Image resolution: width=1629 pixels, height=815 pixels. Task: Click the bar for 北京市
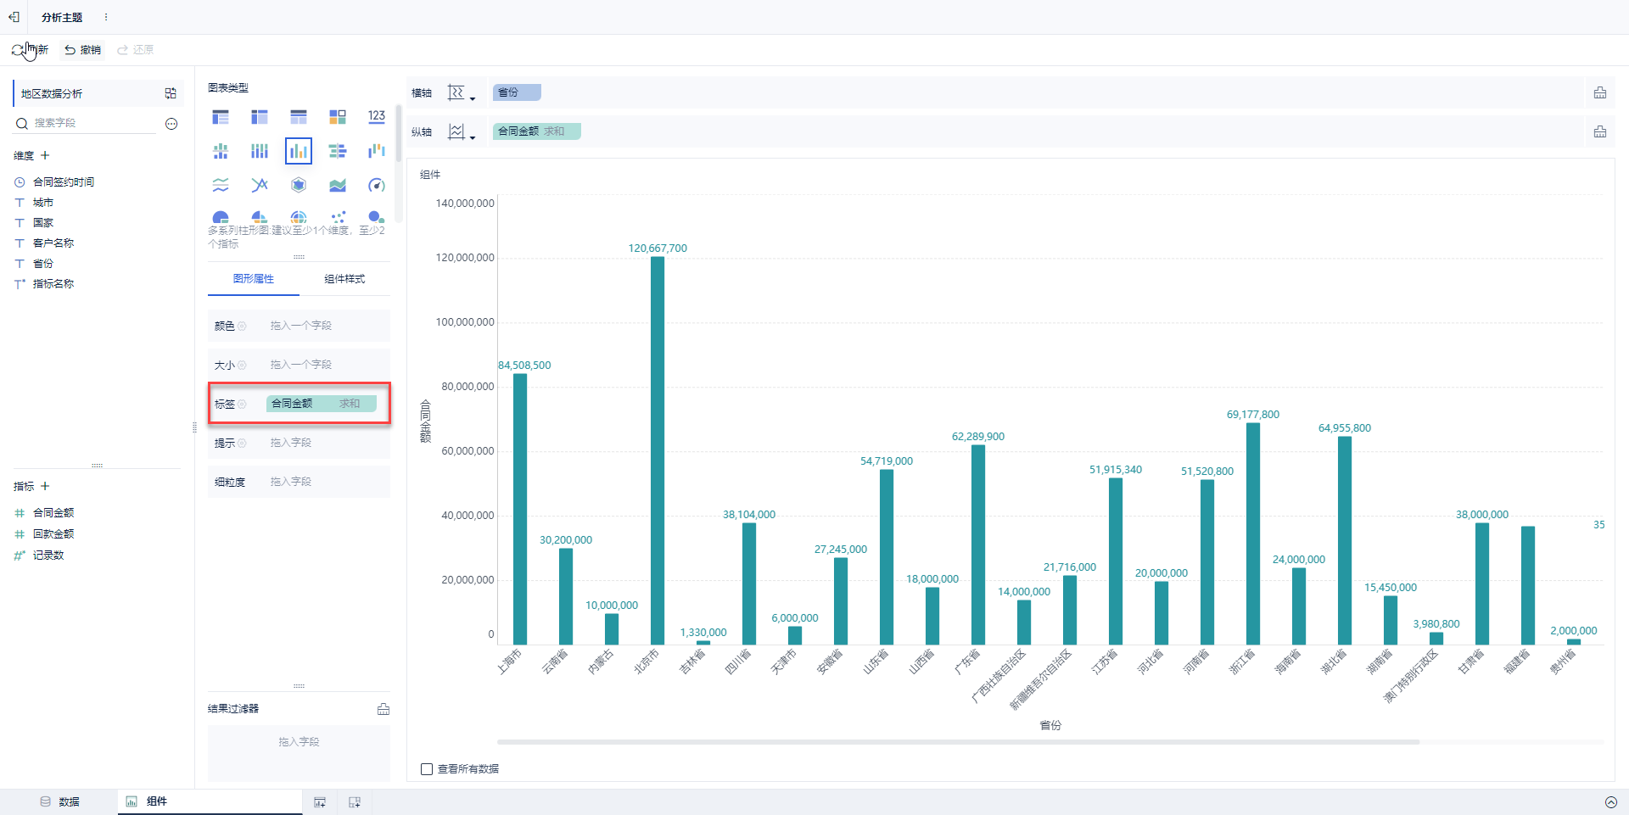coord(658,449)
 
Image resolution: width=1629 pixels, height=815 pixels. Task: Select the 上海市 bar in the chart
coord(520,509)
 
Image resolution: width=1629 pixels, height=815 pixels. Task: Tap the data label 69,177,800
coord(1252,415)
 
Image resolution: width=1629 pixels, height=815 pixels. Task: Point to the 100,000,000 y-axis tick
coord(465,322)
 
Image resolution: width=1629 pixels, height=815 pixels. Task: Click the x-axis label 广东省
coord(967,661)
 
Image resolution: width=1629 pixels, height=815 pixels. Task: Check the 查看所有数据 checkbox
coord(427,769)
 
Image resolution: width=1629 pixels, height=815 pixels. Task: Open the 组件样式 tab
coord(344,279)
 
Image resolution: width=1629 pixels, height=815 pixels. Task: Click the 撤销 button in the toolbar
coord(83,50)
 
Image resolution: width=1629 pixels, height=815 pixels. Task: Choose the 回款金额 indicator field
coord(53,534)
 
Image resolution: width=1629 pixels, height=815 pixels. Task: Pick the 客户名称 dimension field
coord(53,243)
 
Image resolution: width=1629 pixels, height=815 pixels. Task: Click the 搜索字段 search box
coord(93,124)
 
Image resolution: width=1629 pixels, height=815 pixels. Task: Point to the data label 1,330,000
coord(703,633)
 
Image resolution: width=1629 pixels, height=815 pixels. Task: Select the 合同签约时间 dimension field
coord(64,182)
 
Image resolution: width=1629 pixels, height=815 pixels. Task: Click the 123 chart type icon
coord(377,116)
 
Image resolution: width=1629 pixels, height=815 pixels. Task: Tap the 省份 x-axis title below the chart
coord(1050,725)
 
